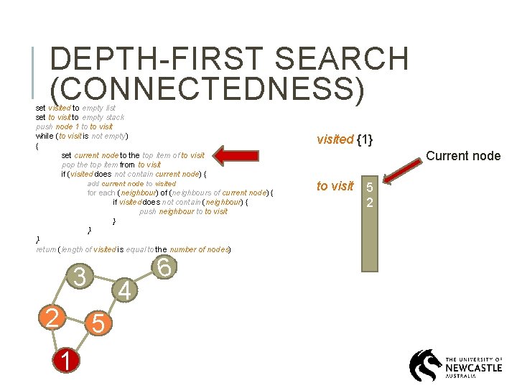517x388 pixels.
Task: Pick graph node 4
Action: point(125,291)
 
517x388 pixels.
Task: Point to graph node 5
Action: point(98,324)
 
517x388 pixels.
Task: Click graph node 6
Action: point(164,267)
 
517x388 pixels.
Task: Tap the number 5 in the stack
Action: point(369,188)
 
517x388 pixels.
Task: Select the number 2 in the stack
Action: point(369,202)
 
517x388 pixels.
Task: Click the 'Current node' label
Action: point(463,155)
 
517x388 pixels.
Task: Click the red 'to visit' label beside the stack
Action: point(335,186)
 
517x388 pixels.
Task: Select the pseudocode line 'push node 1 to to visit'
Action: point(74,126)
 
